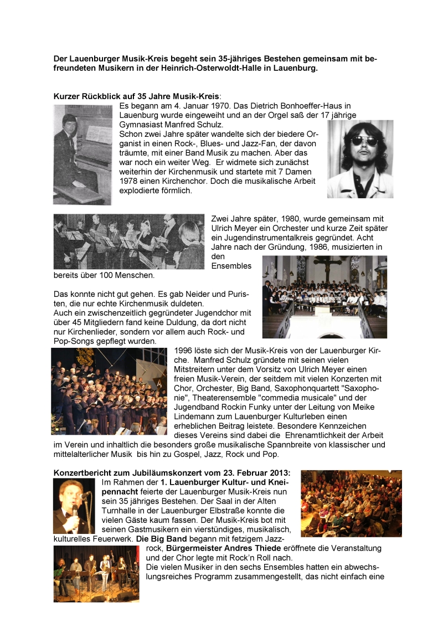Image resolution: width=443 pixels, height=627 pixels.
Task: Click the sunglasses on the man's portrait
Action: coord(360,141)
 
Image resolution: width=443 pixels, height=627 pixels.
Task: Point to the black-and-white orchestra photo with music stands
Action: coord(128,241)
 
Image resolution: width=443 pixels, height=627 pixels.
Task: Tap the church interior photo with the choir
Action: coord(324,296)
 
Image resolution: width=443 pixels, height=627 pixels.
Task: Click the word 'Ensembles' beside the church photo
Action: coord(231,266)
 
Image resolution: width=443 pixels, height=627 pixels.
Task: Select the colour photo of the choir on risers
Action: coord(109,391)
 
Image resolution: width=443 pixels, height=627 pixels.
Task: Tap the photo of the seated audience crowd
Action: coord(343,503)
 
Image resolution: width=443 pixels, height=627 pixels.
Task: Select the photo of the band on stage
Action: coord(96,574)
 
